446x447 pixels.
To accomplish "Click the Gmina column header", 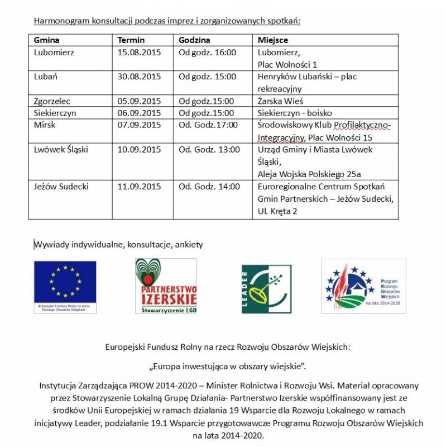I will (x=47, y=40).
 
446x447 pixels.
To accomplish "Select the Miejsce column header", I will (x=273, y=40).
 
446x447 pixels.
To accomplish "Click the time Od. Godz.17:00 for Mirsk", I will (x=208, y=125).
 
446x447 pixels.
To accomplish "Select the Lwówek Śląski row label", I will (x=61, y=149).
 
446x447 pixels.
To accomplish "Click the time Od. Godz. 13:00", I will (x=209, y=149).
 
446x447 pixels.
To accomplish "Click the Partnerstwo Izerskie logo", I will (x=166, y=286).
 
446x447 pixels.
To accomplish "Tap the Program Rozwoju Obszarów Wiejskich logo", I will (x=363, y=286).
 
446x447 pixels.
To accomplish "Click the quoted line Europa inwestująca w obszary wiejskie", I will (x=228, y=366).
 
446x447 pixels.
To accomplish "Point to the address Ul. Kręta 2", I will (x=277, y=211).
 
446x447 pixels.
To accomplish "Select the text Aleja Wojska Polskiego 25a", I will (x=309, y=174).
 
